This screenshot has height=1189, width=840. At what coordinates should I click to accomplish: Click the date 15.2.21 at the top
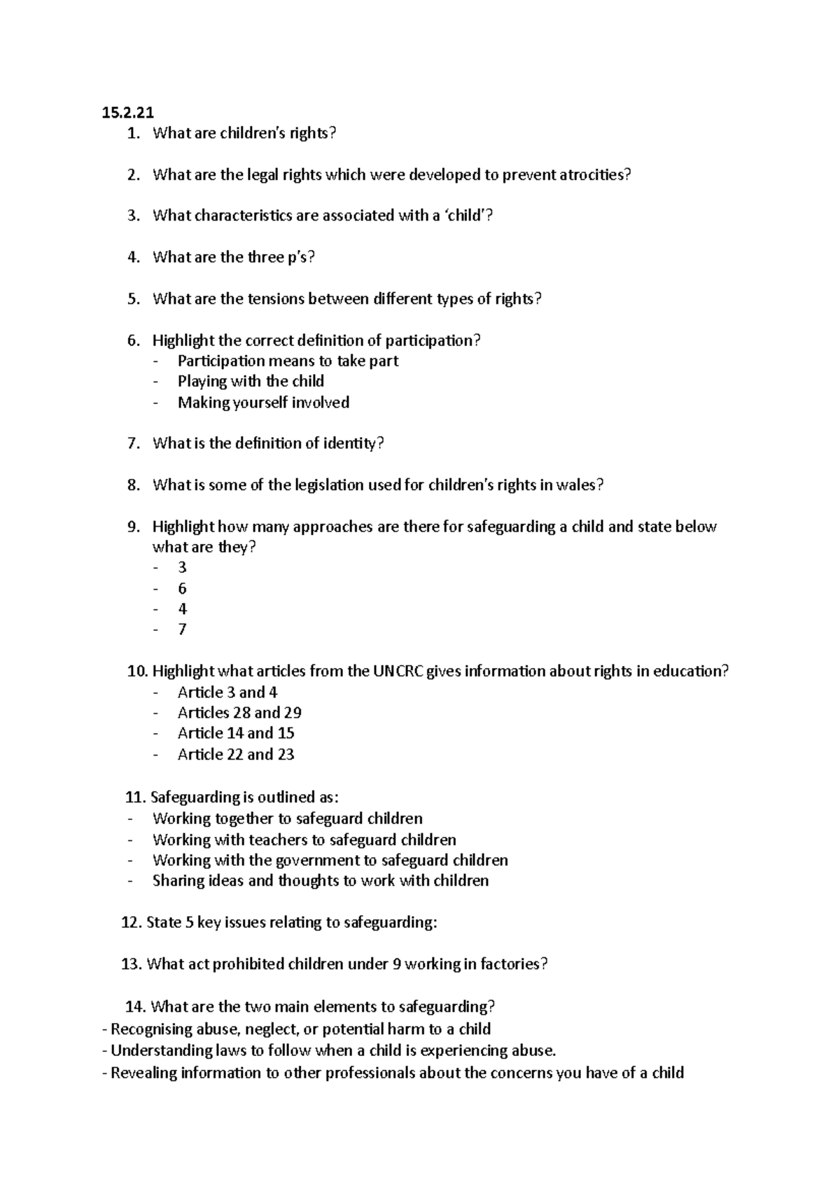tap(127, 112)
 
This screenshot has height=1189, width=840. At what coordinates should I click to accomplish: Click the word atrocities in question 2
tap(594, 175)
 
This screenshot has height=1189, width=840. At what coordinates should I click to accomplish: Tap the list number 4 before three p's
tap(134, 258)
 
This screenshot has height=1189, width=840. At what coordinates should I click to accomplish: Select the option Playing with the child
tap(251, 382)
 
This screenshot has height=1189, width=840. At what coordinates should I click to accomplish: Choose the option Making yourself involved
tap(263, 403)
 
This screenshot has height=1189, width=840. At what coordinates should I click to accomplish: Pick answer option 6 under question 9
tap(182, 588)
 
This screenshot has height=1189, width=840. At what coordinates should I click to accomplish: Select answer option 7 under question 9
tap(182, 630)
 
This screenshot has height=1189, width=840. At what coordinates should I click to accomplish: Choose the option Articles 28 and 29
tap(239, 713)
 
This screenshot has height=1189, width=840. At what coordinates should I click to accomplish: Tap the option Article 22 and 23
tap(236, 755)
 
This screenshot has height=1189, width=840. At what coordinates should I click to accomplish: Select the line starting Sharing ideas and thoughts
tap(321, 881)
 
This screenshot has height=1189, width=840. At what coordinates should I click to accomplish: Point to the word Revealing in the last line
tap(143, 1073)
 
